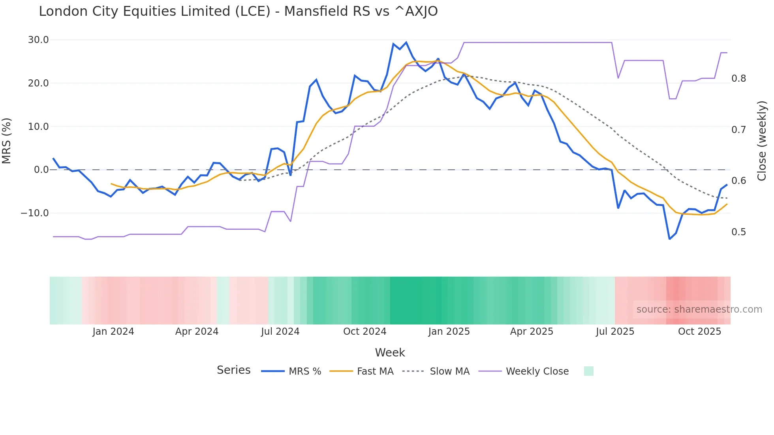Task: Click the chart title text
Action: pos(238,11)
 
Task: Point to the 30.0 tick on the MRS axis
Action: pos(38,40)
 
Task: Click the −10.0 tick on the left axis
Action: pos(35,213)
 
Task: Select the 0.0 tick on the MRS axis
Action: pos(41,170)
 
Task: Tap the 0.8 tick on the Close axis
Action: pos(738,79)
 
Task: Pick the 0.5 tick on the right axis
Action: pos(738,232)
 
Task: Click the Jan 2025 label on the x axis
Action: pos(449,332)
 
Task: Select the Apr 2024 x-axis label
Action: pos(197,332)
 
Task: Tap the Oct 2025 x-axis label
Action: pos(699,332)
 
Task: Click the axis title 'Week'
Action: pos(390,352)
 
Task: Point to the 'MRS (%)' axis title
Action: pos(7,141)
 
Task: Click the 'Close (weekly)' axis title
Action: pos(762,141)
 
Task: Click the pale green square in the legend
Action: pos(588,371)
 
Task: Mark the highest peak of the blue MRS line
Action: pos(406,42)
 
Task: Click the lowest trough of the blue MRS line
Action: pos(669,239)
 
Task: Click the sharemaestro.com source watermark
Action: pos(699,309)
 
